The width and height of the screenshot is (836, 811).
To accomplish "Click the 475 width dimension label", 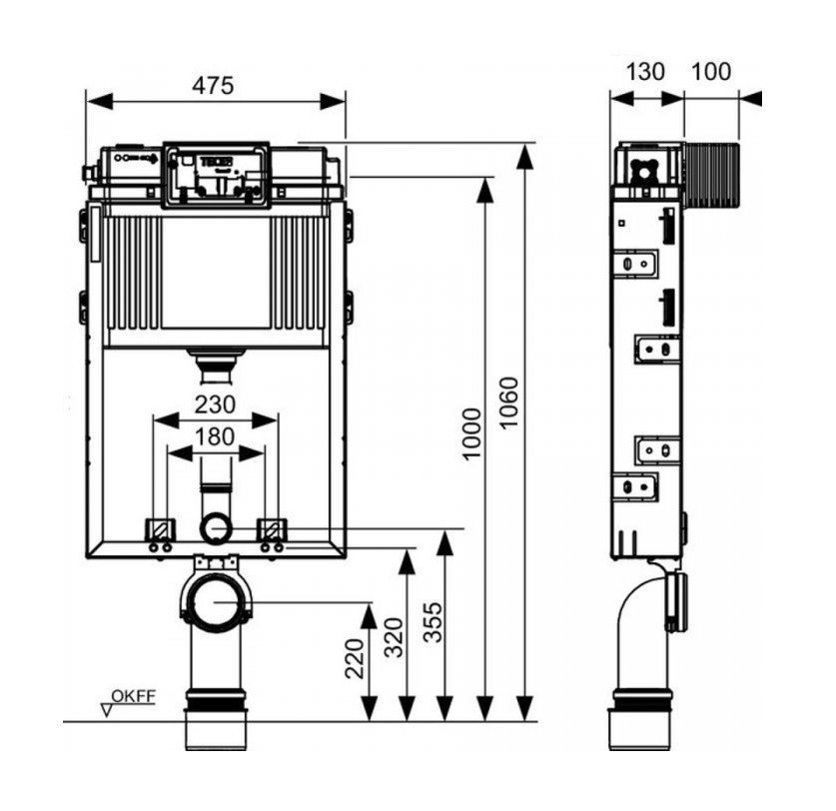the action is coord(213,85).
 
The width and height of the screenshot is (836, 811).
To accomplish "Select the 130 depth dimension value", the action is coord(644,72).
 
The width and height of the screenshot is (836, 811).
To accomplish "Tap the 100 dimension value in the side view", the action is coord(711,72).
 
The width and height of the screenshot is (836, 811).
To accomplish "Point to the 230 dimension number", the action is coord(215,405).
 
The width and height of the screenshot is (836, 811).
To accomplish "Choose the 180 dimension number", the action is coord(215,437).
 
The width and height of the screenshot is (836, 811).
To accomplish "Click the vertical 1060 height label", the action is coord(509,403).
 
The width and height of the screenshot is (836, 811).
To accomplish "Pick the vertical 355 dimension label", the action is coord(432,622).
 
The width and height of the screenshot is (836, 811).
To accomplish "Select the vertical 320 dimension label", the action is coord(396,637).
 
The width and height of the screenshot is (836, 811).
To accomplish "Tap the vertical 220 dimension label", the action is coord(356,658).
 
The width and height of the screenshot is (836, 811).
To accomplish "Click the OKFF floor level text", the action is coord(133,696).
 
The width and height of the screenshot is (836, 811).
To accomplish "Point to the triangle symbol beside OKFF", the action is coord(107,710).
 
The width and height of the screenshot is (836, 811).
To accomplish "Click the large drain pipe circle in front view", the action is coord(215,601).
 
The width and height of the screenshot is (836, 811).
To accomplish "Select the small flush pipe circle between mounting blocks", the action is coord(215,529).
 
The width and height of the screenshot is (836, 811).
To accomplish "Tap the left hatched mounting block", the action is coord(160,529).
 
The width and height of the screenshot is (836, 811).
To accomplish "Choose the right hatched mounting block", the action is coord(272,529).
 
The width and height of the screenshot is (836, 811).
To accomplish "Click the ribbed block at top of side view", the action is coord(711,176).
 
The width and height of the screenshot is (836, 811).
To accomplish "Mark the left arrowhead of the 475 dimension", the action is coord(100,101).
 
